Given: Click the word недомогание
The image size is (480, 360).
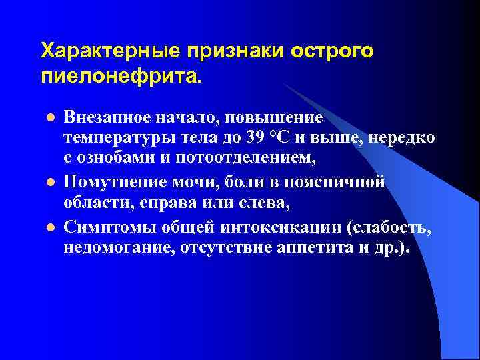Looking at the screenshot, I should [x=116, y=249].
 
